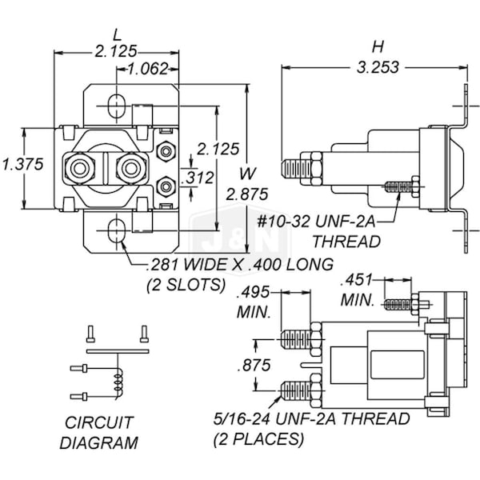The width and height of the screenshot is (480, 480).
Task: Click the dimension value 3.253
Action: [x=374, y=67]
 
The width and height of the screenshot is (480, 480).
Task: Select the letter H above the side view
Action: [x=374, y=45]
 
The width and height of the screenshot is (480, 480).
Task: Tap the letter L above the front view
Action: [x=117, y=35]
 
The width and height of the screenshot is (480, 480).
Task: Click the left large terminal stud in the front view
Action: [x=81, y=168]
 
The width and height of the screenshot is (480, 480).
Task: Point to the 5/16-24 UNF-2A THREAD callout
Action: [x=311, y=418]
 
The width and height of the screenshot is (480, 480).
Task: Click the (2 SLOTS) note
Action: [x=184, y=284]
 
